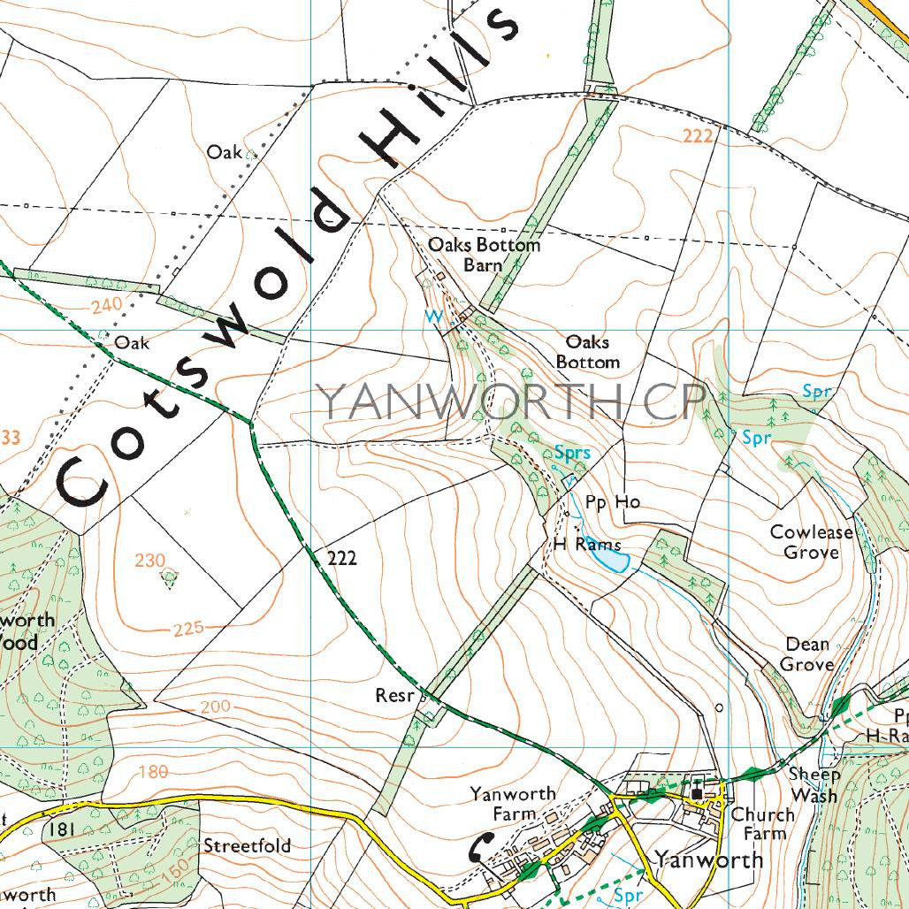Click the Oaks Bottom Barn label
[483, 255]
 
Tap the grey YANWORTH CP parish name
[511, 401]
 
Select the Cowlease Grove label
[811, 542]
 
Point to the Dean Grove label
[806, 654]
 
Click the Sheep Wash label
[814, 784]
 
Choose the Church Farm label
[758, 824]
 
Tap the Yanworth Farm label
[513, 803]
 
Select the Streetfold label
[247, 845]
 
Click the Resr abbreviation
[394, 696]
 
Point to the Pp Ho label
[612, 502]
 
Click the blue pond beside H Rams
[610, 561]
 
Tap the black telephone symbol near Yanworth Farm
[479, 847]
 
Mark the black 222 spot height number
[341, 559]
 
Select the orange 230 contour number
[150, 560]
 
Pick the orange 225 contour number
[188, 629]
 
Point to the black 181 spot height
[61, 829]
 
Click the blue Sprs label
[572, 454]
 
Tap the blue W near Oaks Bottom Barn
[433, 316]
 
